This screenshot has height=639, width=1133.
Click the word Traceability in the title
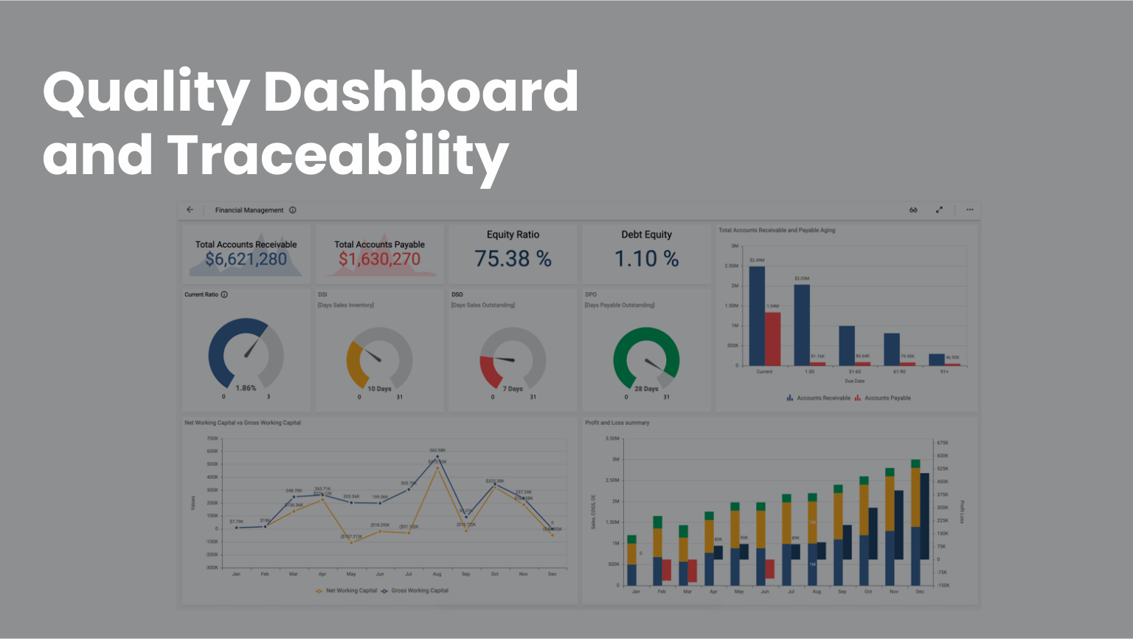[338, 155]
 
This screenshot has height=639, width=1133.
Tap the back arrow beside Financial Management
[190, 210]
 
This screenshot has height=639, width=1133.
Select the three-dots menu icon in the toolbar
[970, 210]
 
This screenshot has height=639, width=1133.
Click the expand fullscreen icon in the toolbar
[939, 210]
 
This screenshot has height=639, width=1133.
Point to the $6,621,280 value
[246, 259]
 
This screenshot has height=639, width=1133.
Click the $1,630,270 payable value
[379, 259]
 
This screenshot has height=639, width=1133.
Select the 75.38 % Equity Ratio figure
[513, 259]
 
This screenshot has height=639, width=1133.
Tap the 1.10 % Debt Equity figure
[646, 259]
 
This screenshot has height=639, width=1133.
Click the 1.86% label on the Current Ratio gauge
[246, 388]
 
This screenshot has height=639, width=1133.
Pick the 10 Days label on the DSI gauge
[379, 389]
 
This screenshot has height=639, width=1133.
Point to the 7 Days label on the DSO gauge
[513, 389]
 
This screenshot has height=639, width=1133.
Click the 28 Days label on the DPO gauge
[646, 389]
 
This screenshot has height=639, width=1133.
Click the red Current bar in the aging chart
[772, 339]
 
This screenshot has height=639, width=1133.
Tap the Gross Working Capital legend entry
[419, 590]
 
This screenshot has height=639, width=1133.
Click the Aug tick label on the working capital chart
[437, 574]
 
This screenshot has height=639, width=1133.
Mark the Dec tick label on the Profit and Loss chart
[920, 592]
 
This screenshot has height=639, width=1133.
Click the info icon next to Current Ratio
[224, 294]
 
